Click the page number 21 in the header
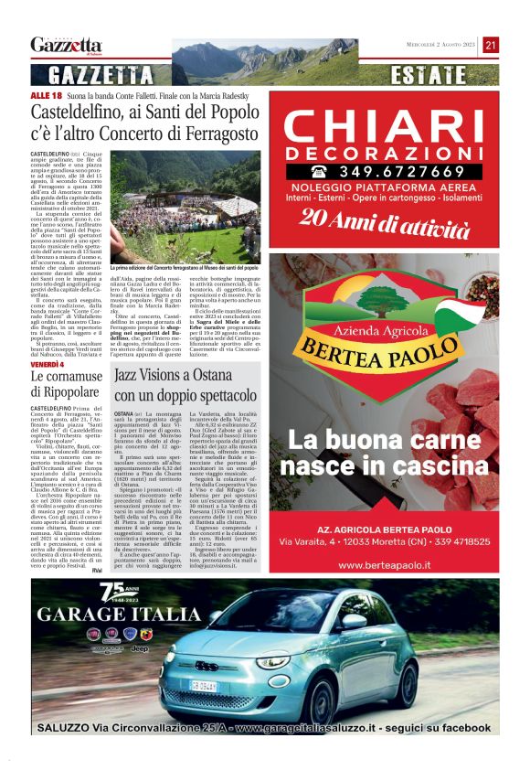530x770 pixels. (491, 45)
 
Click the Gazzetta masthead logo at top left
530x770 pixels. (66, 45)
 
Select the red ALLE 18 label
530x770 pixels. (46, 95)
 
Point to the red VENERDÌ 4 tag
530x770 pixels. (47, 363)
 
